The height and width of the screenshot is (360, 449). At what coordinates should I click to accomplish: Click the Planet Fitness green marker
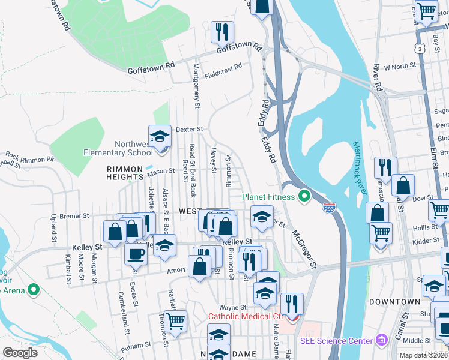[x=304, y=196]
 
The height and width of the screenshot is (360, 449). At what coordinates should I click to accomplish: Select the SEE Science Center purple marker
[x=381, y=341]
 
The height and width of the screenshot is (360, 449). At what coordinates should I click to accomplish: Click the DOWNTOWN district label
[x=394, y=301]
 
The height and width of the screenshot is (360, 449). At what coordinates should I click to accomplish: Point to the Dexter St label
[x=190, y=128]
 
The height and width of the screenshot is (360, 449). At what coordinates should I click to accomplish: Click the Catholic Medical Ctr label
[x=245, y=316]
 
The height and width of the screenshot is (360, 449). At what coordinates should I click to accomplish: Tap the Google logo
[x=20, y=353]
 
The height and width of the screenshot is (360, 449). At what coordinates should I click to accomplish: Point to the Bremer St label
[x=74, y=215]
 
